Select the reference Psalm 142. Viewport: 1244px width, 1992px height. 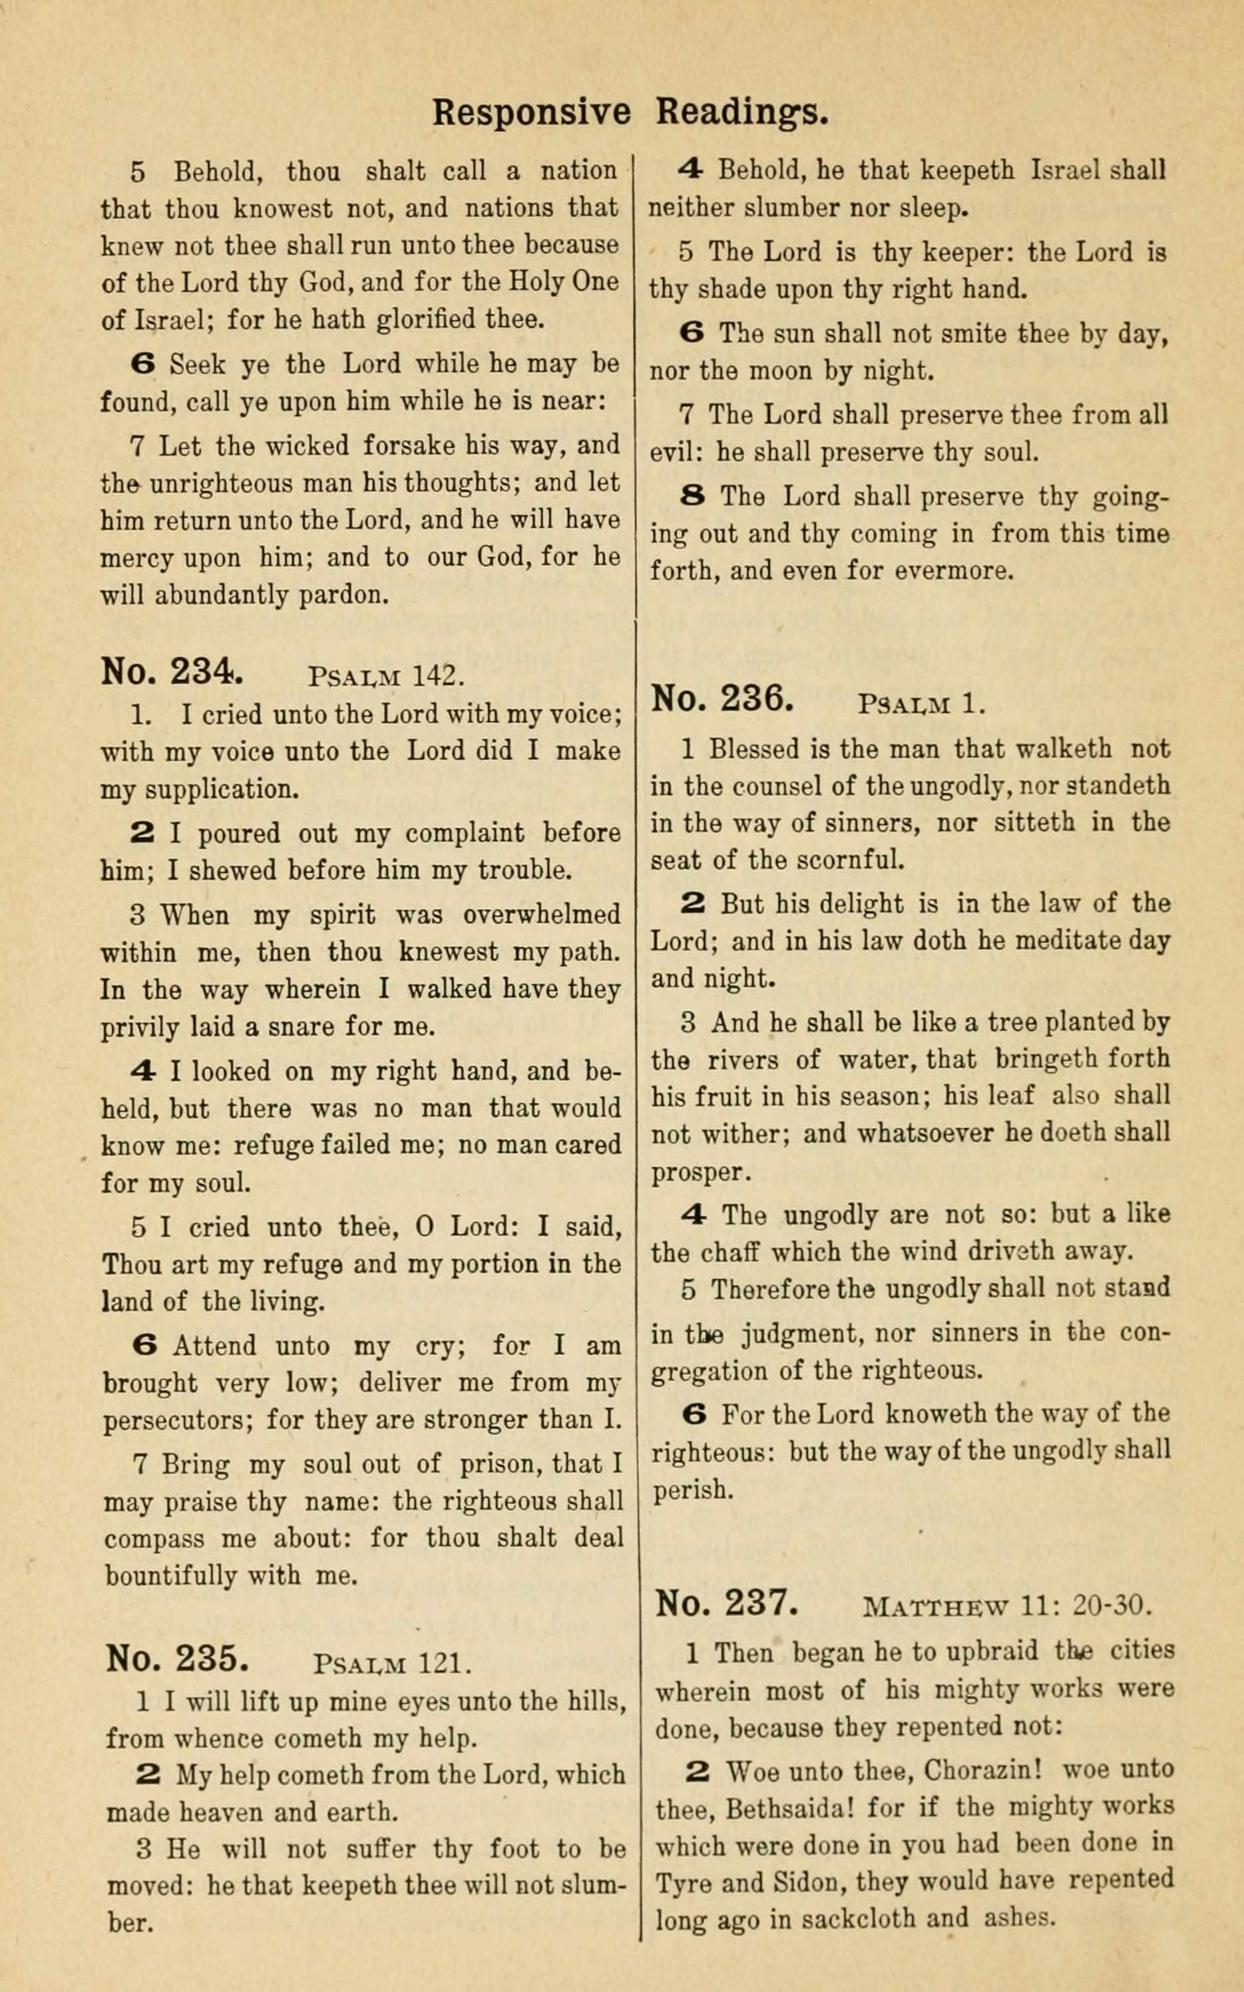(x=387, y=676)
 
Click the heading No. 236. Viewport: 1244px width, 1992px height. (x=722, y=699)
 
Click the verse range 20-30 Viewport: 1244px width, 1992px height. (x=1112, y=1605)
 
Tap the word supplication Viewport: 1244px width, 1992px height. (x=222, y=791)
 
